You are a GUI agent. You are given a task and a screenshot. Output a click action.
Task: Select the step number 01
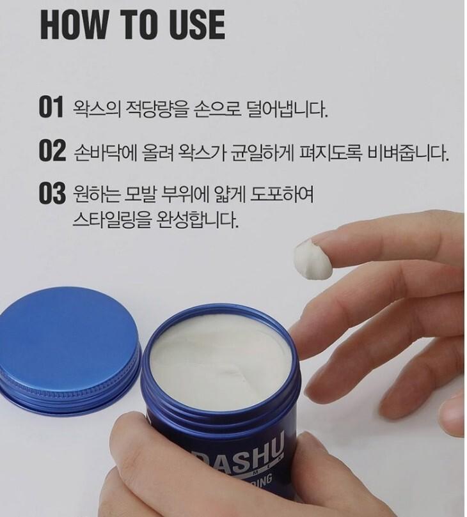click(x=52, y=108)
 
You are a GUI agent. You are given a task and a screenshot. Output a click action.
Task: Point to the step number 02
click(x=52, y=152)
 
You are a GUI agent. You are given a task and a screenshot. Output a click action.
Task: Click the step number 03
click(x=52, y=194)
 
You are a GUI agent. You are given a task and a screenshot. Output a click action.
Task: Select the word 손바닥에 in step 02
click(x=105, y=153)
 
